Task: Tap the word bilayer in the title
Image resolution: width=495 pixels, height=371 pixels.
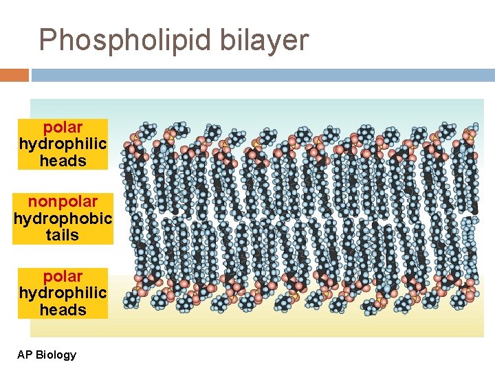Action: [x=265, y=41]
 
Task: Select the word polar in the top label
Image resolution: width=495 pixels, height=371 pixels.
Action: [x=63, y=127]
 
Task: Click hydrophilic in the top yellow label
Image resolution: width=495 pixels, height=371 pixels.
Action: [x=63, y=144]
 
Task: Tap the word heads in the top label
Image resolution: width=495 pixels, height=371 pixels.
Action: [x=63, y=161]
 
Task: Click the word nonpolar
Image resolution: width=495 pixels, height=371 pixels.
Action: [x=63, y=201]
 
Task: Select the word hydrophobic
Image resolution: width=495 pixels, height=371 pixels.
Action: [x=63, y=218]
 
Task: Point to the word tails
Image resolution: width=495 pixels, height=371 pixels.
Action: [x=63, y=235]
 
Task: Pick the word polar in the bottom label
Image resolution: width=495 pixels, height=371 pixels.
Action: [x=63, y=276]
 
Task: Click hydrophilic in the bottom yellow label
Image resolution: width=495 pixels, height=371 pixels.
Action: [x=63, y=293]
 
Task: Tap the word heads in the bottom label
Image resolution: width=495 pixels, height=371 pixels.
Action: [x=63, y=310]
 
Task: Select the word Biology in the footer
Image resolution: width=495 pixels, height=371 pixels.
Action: [x=56, y=355]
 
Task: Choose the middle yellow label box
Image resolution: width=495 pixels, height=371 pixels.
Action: [x=63, y=218]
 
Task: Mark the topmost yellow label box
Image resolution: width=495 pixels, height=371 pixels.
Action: [x=63, y=144]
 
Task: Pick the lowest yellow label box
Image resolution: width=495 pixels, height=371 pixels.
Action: [x=63, y=293]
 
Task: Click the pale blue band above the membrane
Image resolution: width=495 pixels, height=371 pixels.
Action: [x=296, y=110]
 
